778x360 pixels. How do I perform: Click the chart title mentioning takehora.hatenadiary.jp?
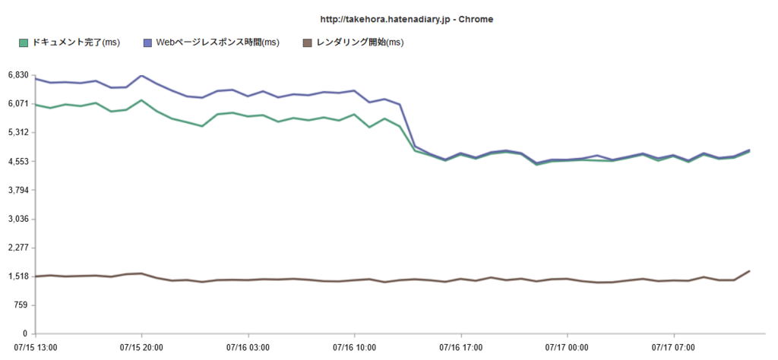coord(407,19)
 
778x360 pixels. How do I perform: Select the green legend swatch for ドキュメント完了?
coord(23,43)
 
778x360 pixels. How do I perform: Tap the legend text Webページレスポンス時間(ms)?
coord(218,43)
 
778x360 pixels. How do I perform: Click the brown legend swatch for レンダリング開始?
coord(307,43)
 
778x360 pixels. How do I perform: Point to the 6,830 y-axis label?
coord(18,74)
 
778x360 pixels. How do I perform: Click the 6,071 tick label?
coord(18,103)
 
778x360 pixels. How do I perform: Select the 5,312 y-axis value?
coord(18,132)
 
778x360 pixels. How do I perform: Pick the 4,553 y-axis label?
coord(18,161)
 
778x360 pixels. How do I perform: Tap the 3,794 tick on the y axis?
coord(18,190)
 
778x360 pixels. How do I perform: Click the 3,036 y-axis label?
coord(18,219)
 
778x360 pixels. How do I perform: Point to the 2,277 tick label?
coord(18,248)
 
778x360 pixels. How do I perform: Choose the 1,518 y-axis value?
coord(18,276)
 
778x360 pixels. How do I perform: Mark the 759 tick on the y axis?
coord(22,305)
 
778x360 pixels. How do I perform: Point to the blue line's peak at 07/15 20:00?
coord(141,75)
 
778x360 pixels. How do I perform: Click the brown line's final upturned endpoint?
coord(749,270)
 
